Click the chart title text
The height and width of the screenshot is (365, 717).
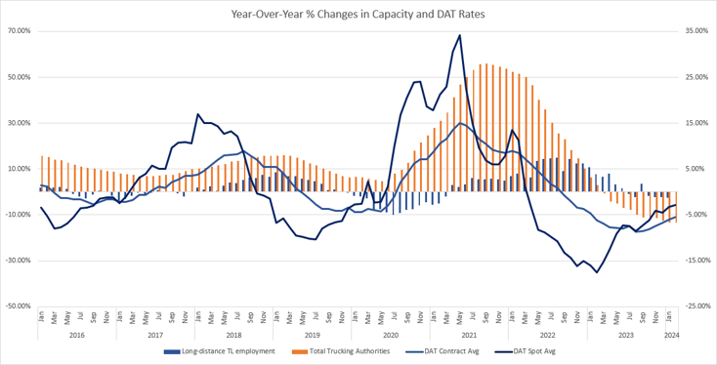tap(358, 15)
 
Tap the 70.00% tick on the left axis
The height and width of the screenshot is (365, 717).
tap(19, 31)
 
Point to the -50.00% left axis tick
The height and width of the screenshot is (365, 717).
tap(18, 306)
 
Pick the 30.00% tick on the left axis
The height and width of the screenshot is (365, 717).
tap(19, 123)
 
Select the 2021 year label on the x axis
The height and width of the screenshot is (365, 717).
tap(468, 335)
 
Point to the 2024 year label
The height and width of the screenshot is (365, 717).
tap(671, 335)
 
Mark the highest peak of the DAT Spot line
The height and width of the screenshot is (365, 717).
tap(459, 36)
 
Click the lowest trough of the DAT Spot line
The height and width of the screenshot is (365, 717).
tap(597, 272)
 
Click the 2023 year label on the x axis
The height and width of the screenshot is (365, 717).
tap(625, 335)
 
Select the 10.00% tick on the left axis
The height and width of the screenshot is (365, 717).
tap(19, 169)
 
